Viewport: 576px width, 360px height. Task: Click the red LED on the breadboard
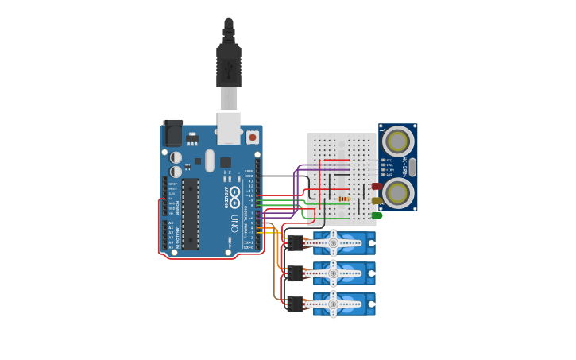tap(377, 187)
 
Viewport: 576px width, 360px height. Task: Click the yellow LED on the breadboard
tap(377, 201)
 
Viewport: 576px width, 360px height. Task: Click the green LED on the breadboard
tap(377, 215)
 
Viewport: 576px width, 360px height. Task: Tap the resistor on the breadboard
tap(343, 199)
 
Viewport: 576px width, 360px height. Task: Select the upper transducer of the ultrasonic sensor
tap(397, 141)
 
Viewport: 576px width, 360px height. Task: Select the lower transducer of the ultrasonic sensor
tap(397, 192)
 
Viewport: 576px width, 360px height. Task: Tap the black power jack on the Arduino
tap(172, 133)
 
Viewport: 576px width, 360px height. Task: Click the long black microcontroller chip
tap(191, 213)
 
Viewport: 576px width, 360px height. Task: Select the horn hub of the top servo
tap(334, 242)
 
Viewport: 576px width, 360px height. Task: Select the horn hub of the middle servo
tap(334, 273)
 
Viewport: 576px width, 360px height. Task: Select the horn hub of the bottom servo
tap(334, 304)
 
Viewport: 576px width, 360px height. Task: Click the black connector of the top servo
tap(296, 242)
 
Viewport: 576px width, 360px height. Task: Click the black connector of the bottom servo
tap(296, 304)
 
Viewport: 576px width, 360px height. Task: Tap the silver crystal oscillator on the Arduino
tap(210, 161)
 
